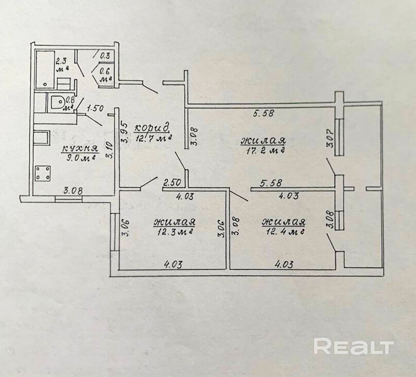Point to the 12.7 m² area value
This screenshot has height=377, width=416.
tap(152, 138)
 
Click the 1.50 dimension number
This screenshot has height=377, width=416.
tap(96, 108)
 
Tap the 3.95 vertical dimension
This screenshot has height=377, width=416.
tap(124, 131)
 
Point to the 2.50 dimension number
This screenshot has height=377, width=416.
tap(172, 182)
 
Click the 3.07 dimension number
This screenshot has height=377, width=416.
tap(330, 139)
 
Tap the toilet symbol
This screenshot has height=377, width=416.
tap(54, 103)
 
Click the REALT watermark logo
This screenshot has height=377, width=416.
tap(354, 346)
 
